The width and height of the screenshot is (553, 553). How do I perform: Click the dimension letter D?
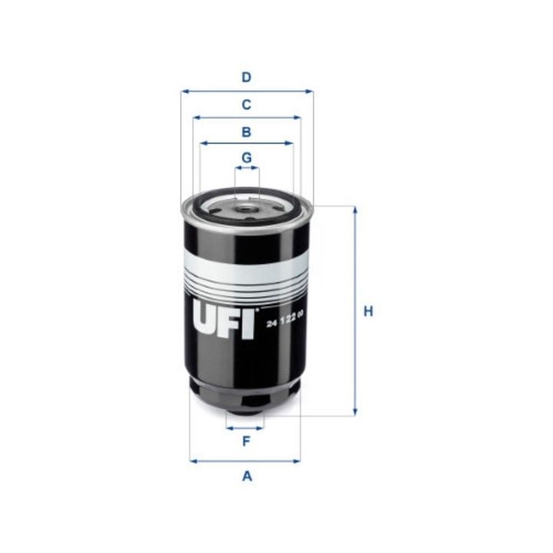click(247, 77)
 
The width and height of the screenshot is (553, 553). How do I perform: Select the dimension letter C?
click(247, 104)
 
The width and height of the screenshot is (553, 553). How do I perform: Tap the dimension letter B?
click(247, 132)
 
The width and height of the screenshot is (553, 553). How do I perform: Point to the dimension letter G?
click(247, 157)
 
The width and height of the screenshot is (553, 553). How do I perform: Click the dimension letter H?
click(368, 311)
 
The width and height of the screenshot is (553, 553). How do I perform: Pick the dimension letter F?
click(246, 441)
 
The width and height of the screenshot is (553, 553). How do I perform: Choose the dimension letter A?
click(247, 476)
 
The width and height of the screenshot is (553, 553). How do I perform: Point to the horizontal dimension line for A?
click(245, 461)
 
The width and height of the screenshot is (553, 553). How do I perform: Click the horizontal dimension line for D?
click(247, 91)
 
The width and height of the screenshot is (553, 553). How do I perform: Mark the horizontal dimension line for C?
click(247, 118)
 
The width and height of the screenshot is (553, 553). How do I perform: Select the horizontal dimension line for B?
click(247, 143)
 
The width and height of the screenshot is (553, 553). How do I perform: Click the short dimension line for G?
click(247, 170)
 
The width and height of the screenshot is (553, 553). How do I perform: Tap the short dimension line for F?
click(245, 427)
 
